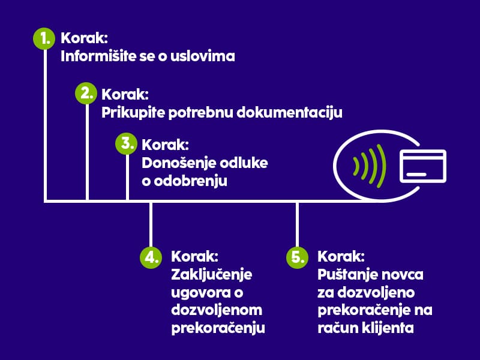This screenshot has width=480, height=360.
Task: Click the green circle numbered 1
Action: (x=44, y=38)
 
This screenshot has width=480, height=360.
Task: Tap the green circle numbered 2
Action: (x=86, y=93)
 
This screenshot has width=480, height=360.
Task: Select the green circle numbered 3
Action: (x=127, y=143)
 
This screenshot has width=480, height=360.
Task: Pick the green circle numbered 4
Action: (x=151, y=257)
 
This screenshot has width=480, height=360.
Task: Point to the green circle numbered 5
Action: (x=297, y=257)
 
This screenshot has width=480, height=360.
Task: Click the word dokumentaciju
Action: (x=290, y=113)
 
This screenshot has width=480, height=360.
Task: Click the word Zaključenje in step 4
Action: (x=212, y=275)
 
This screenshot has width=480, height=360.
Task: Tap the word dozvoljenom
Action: (x=217, y=310)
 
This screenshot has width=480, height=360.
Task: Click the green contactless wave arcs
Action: (x=370, y=166)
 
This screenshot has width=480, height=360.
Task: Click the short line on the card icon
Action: (x=416, y=175)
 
